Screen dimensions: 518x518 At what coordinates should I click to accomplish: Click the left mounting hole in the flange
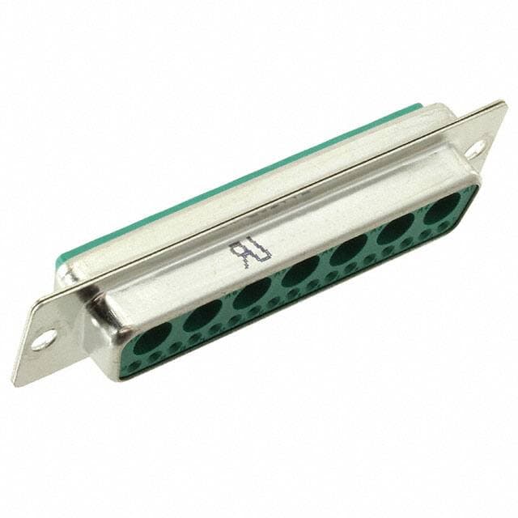(42, 338)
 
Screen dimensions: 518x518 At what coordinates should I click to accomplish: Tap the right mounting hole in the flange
(475, 148)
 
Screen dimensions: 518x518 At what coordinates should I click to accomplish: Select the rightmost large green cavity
(442, 207)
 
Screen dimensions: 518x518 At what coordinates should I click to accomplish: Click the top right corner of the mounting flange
(503, 104)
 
